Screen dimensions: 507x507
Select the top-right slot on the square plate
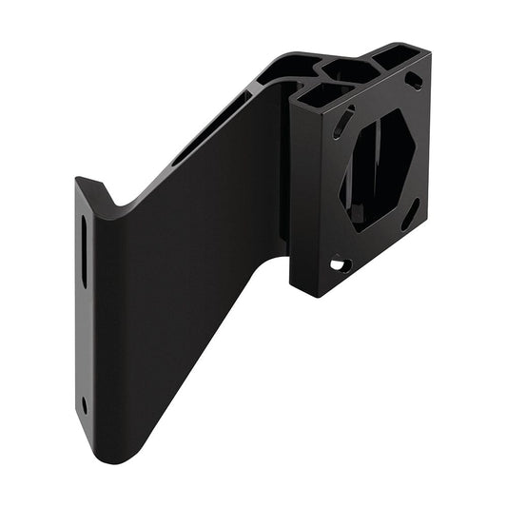pos(414,81)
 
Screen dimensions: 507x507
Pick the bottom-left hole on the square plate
pos(340,263)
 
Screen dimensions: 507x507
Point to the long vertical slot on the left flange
pos(84,251)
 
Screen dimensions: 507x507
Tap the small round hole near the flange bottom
pos(85,403)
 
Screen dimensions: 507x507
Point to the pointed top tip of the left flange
pos(79,179)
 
